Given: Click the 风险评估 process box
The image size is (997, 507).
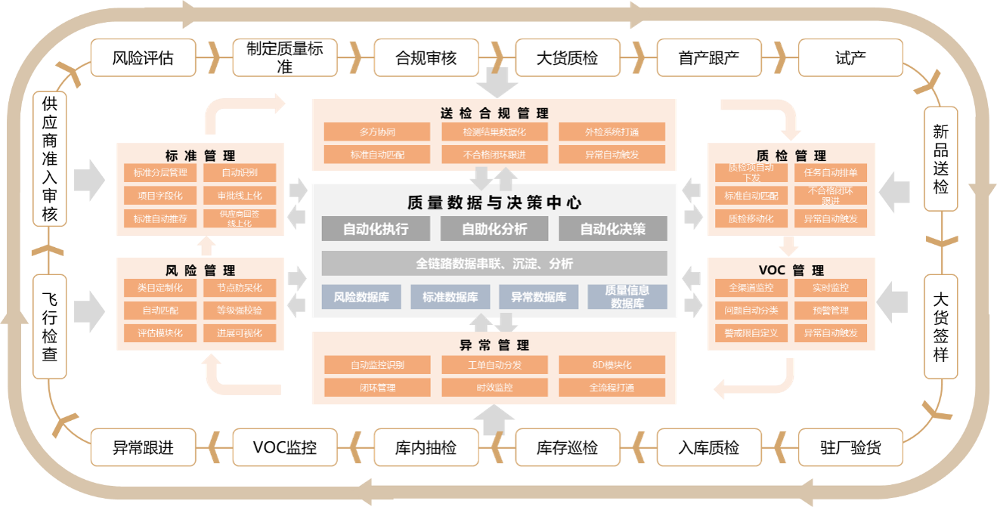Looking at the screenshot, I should (x=143, y=58).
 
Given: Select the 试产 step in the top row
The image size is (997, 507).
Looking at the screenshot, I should (x=850, y=58).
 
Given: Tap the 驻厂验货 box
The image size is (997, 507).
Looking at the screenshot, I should (x=850, y=447).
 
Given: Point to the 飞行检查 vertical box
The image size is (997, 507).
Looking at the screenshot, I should (x=50, y=326).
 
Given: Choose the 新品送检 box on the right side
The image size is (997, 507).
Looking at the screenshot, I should (x=940, y=158).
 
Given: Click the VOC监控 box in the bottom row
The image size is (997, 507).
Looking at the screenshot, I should (x=285, y=447).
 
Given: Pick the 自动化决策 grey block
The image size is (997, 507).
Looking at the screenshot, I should (x=612, y=229).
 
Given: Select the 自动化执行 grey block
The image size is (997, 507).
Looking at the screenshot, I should (x=376, y=229).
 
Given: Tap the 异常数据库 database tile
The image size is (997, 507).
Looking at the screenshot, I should (x=538, y=297).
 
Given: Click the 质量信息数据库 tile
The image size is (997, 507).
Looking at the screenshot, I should (x=627, y=297).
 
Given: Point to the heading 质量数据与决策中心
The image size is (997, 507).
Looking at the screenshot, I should (x=494, y=202).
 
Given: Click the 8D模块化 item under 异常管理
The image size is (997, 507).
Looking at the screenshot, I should (x=612, y=365).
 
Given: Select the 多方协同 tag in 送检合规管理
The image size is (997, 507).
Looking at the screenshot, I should (x=377, y=131).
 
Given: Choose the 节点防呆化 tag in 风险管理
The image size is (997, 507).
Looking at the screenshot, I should (x=240, y=288).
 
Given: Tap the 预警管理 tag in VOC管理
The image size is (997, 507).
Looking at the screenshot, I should (x=830, y=310).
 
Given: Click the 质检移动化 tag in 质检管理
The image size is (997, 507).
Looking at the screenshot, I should (x=751, y=218).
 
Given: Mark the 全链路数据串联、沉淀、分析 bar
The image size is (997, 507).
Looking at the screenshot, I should (x=494, y=264).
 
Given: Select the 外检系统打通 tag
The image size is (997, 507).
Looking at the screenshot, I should (x=612, y=131).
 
